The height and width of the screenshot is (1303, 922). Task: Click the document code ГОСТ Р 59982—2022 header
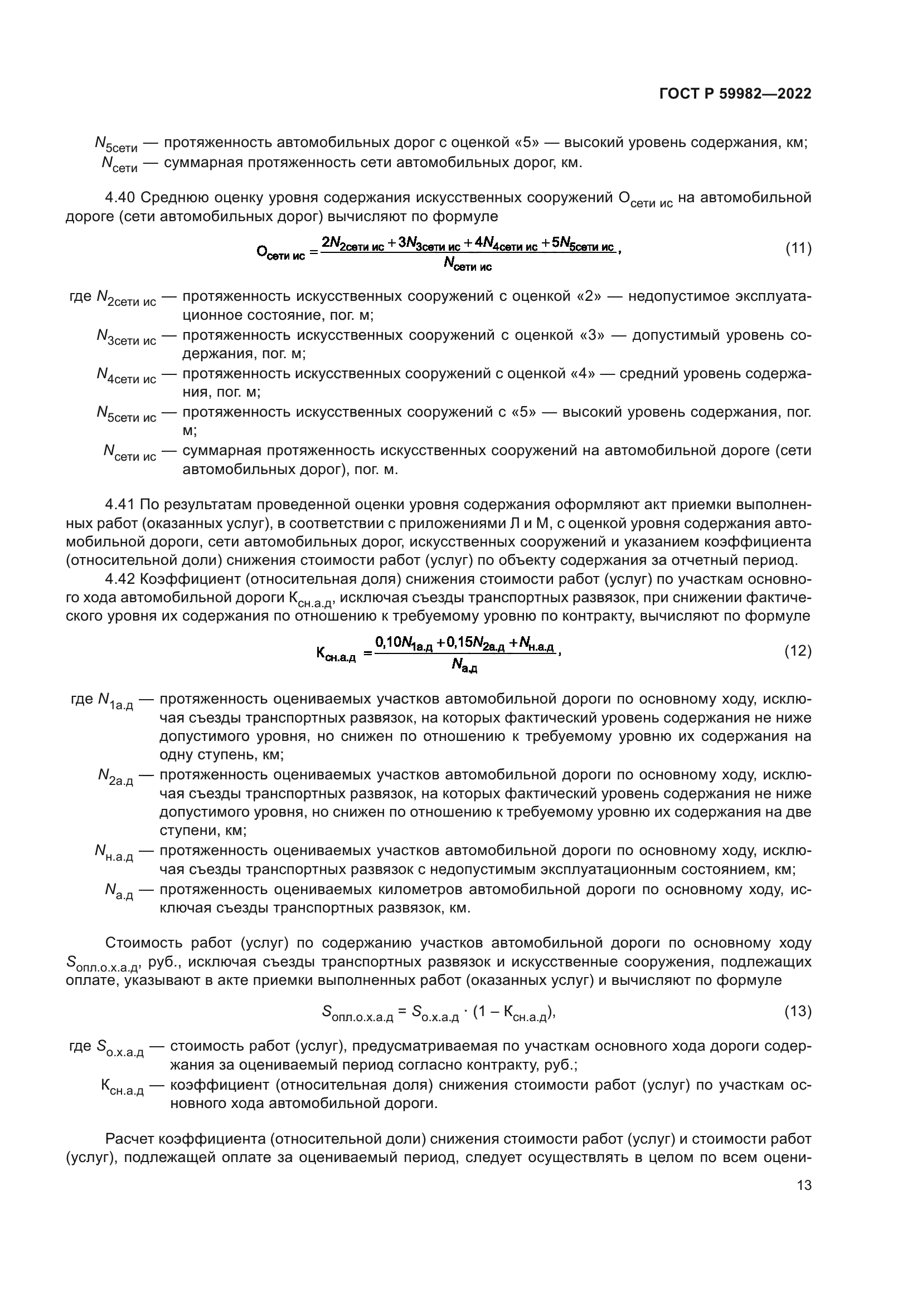[735, 94]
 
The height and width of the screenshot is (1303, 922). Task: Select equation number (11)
[798, 248]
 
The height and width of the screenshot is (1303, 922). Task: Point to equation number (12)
[798, 651]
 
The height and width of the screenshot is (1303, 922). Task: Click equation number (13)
[798, 1011]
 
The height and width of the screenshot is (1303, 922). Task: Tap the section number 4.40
[120, 198]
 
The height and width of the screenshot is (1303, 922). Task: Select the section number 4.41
[120, 505]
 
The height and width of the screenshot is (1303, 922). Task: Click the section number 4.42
[120, 579]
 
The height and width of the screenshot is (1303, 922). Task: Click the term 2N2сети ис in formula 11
[352, 244]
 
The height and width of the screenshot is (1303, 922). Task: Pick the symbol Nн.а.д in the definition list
[114, 852]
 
